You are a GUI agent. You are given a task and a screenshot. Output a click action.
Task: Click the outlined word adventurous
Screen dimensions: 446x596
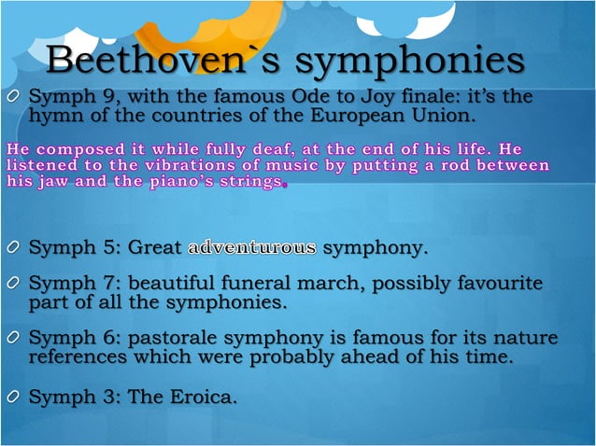pyautogui.click(x=252, y=248)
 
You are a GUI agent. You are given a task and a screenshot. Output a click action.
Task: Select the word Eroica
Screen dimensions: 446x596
pyautogui.click(x=202, y=397)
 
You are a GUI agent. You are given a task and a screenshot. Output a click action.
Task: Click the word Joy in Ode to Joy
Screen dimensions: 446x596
pyautogui.click(x=406, y=96)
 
